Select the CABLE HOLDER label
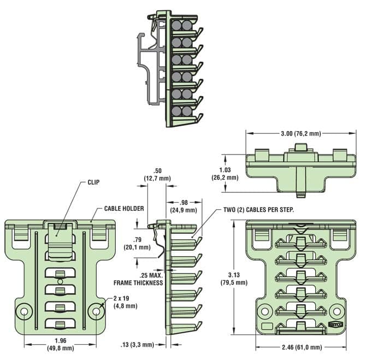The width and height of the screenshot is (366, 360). [x=124, y=209]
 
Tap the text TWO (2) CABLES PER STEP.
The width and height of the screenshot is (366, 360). [x=259, y=209]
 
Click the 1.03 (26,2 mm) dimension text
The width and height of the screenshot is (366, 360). [x=225, y=174]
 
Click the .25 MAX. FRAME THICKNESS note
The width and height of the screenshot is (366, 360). [x=138, y=279]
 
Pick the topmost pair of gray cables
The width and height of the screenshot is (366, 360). [x=182, y=26]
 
